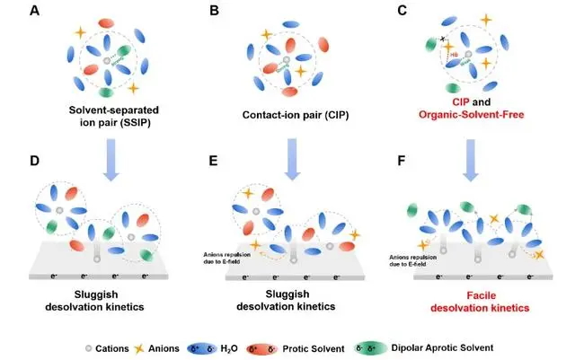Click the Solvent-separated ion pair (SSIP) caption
106,116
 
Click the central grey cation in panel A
106,59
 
